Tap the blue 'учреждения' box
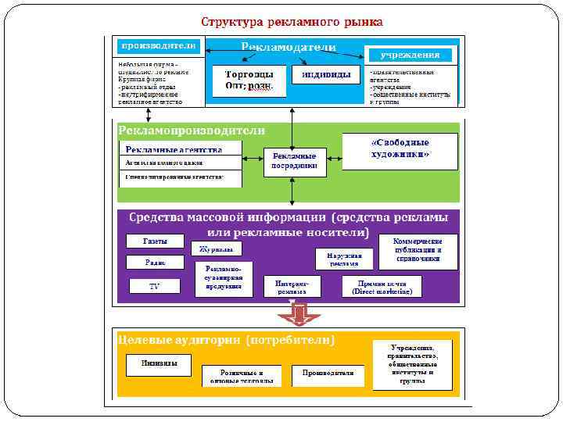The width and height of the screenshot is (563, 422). [x=410, y=55]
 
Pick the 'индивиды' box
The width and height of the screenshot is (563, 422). [x=319, y=74]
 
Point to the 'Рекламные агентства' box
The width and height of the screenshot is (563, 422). [x=181, y=149]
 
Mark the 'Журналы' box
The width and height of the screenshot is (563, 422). [x=215, y=249]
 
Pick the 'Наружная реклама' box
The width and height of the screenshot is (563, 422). [x=344, y=259]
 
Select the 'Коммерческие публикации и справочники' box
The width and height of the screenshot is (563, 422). [x=418, y=249]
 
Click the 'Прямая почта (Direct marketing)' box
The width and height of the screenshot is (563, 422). [x=382, y=287]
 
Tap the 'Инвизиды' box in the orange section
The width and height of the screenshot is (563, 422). [x=159, y=364]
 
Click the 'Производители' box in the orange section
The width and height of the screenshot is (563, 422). [x=328, y=374]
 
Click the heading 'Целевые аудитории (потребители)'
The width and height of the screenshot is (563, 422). [x=227, y=341]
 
